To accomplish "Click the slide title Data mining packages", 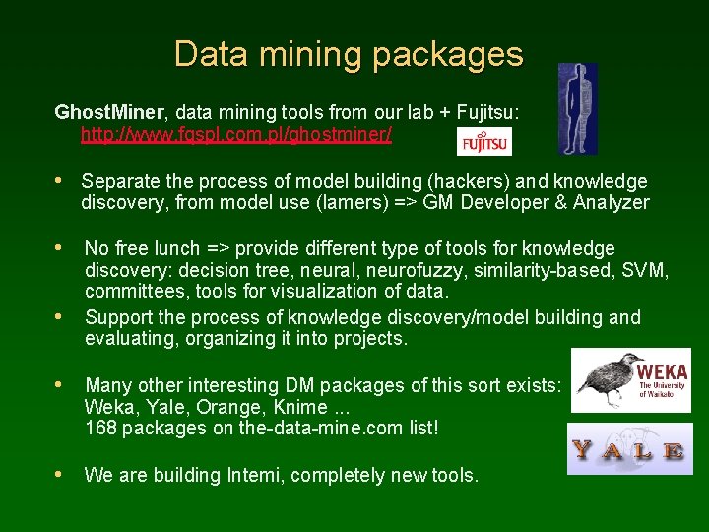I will [x=349, y=54].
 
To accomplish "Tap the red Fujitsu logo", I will [x=484, y=143].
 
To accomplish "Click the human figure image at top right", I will [x=577, y=108].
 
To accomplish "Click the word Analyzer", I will [x=612, y=203].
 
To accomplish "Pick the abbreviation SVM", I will [x=649, y=270].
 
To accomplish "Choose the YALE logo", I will [x=629, y=450].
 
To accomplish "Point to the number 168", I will [x=100, y=428].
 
